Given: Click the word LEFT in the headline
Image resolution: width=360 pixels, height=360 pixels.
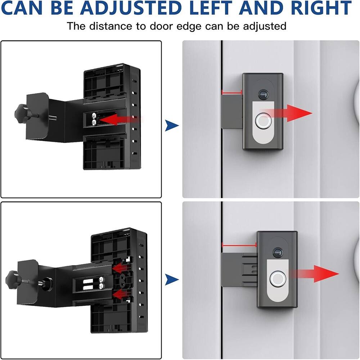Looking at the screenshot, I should [214, 8].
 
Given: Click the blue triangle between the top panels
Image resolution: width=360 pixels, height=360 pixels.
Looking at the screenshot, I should [172, 126].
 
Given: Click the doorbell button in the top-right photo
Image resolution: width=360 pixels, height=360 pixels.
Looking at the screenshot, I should [262, 121].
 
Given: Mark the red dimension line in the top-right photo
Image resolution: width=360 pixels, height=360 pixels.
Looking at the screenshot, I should [232, 93].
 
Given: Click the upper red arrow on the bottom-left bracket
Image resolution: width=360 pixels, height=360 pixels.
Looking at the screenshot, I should [120, 268].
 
